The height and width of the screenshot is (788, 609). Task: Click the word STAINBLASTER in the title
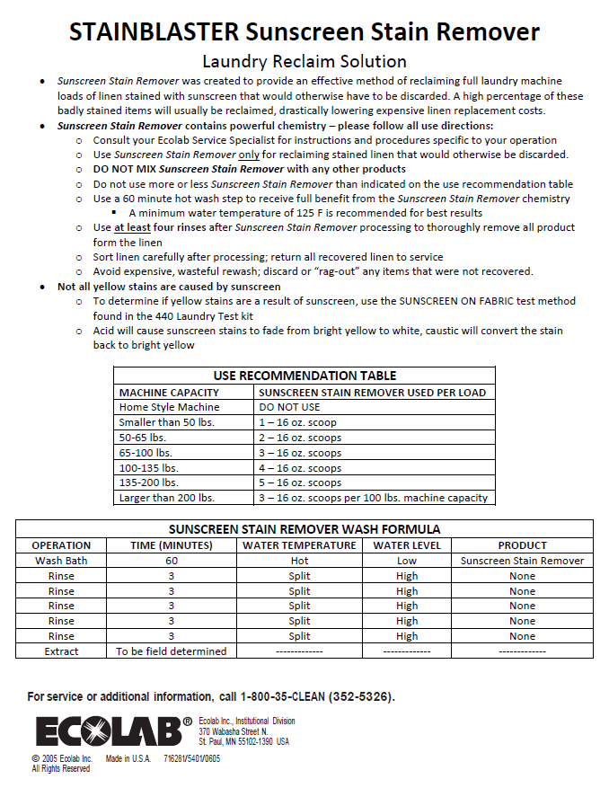tap(154, 33)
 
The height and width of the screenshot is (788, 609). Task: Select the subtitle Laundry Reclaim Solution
tap(304, 61)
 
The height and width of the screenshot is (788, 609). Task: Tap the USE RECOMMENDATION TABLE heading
tap(304, 376)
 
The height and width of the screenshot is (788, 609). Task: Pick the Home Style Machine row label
tap(169, 407)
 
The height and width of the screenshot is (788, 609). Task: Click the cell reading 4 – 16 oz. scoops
tap(300, 468)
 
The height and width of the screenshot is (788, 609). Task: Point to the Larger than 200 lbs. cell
tap(167, 498)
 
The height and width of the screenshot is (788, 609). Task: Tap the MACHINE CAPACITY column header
tap(169, 392)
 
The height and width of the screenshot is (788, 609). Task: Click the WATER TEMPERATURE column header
tap(299, 545)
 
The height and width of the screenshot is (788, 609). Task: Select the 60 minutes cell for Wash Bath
tap(171, 561)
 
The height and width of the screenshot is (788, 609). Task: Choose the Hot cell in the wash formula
tap(299, 561)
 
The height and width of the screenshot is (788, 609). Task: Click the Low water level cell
tap(406, 561)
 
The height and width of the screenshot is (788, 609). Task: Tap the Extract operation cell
tap(61, 651)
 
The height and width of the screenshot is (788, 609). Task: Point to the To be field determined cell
tap(171, 651)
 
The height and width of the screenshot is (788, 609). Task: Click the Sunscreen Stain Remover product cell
tap(522, 561)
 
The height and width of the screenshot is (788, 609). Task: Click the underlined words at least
tap(131, 227)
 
